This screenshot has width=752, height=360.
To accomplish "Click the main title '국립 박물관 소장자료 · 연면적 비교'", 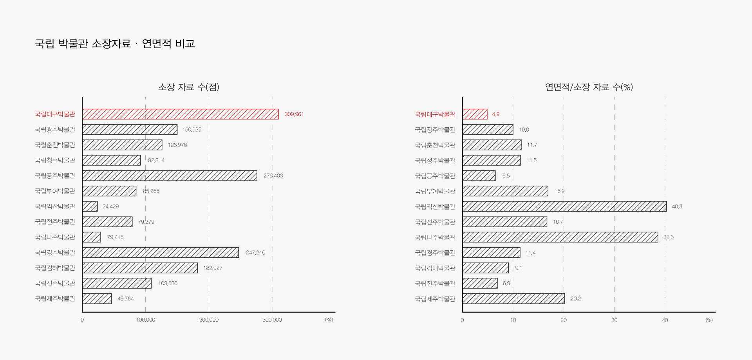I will coord(115,43).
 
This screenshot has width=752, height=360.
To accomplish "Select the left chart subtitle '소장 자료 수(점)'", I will coord(188,87).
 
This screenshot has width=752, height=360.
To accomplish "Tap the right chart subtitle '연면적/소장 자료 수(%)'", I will coord(589,87).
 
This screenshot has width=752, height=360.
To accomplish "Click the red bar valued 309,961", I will coord(180,114).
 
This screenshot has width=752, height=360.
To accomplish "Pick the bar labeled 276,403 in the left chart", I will coord(170,175).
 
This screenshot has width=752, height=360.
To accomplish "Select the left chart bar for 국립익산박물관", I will coord(90,206).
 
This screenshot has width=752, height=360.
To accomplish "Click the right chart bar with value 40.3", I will coord(564,206).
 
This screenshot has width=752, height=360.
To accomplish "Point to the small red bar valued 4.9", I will coord(475,114).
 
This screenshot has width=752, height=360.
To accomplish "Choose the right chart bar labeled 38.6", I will coord(560,237).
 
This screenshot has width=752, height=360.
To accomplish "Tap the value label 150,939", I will coord(192,130).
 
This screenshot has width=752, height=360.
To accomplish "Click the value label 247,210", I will coord(255,253).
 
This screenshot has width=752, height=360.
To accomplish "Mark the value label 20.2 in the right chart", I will coord(575,298).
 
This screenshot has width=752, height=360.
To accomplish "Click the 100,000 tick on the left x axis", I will coord(145,320).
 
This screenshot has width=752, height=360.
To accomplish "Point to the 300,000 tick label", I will coord(272,320).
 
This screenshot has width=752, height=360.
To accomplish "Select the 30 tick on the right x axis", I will coord(614,320).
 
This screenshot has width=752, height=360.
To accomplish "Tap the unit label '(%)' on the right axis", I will coord(709,320).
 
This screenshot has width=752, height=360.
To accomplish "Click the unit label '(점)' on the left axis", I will coord(329,320).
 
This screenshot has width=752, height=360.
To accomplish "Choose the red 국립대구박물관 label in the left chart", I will coord(55,114).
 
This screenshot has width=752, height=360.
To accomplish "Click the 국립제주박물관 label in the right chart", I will coord(435,299).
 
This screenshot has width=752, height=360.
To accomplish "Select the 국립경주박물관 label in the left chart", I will coord(55,253).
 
